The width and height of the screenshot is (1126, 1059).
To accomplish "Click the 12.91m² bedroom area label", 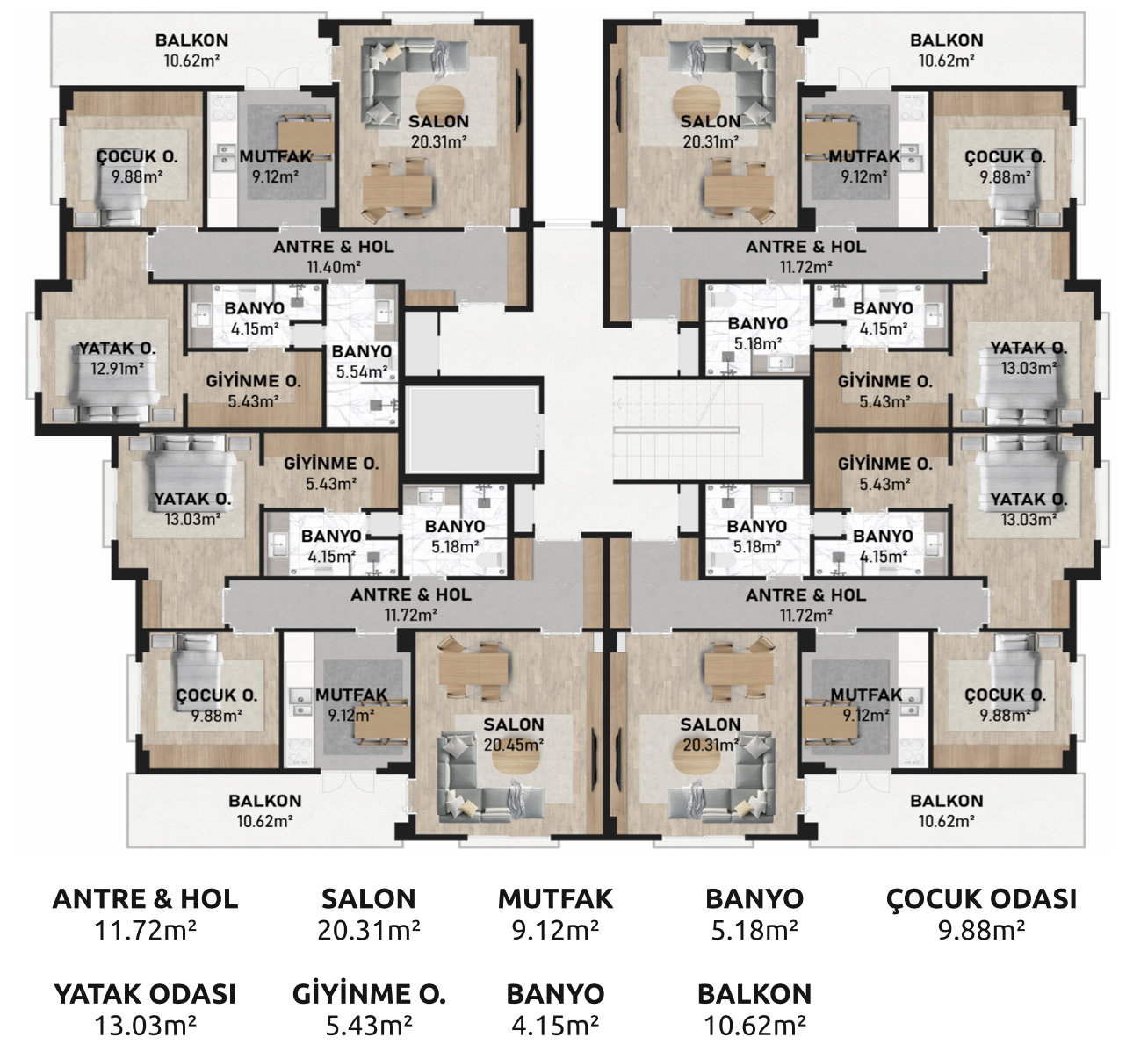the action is [x=117, y=369].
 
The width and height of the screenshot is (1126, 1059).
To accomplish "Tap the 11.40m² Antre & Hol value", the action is [x=334, y=267].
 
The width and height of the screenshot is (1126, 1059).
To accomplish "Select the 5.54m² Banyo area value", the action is [x=362, y=372].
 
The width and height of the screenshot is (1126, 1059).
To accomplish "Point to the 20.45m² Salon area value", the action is [x=514, y=745].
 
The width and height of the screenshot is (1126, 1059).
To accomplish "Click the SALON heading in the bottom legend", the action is [x=369, y=899].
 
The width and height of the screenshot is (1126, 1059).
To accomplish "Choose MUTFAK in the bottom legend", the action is [x=556, y=899].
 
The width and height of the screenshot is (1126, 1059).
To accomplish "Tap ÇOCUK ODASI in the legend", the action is [x=981, y=899].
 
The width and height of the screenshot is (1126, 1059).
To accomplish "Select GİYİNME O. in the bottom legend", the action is [x=369, y=994].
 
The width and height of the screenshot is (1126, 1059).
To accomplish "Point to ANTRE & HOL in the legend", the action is [x=145, y=899].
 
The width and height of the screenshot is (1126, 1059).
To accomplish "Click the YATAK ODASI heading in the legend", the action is [x=145, y=994].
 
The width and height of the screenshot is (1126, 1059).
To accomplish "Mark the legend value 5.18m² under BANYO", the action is [x=754, y=930].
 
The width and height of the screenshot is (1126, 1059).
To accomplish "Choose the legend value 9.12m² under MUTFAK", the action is [x=556, y=930].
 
